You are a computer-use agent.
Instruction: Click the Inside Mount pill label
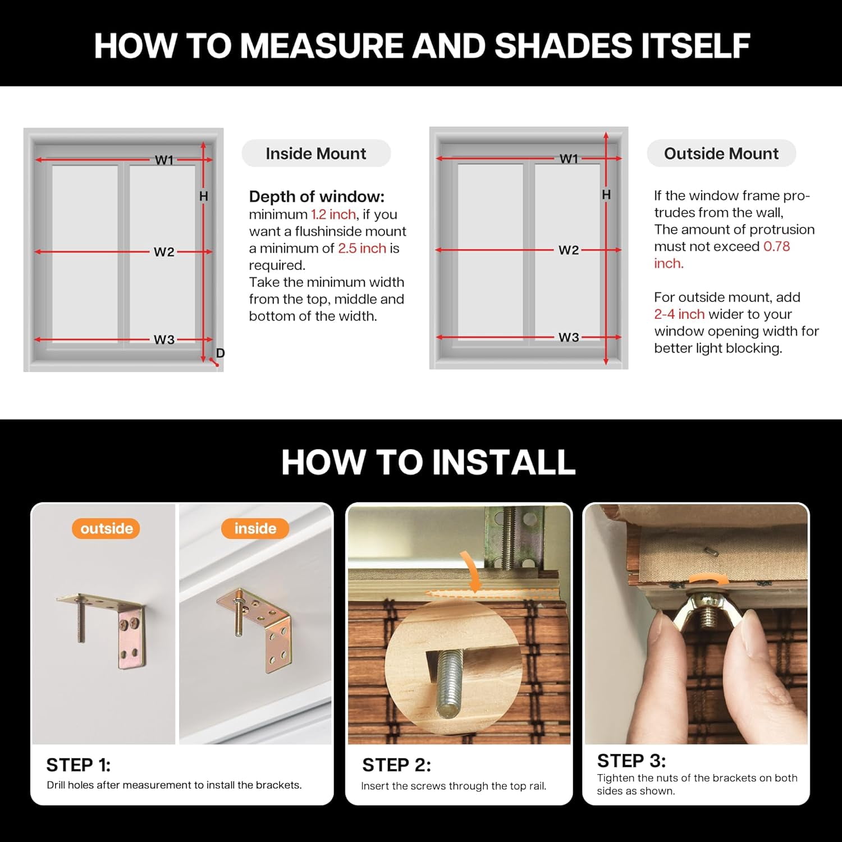click(316, 153)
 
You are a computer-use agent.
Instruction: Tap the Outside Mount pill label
click(721, 153)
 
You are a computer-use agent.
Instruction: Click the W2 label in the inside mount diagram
click(164, 252)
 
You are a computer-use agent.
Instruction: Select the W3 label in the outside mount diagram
click(569, 337)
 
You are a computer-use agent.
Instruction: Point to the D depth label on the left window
click(220, 353)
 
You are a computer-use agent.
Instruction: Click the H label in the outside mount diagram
click(606, 195)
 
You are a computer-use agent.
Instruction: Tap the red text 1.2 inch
click(333, 214)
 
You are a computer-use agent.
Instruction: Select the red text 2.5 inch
click(362, 248)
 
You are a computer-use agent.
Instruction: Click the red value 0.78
click(777, 246)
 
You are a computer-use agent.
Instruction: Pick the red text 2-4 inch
click(679, 314)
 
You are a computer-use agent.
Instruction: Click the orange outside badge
click(106, 528)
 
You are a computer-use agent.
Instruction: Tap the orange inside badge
click(255, 528)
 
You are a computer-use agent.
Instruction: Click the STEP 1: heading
click(79, 765)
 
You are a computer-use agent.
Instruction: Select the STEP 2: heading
click(396, 765)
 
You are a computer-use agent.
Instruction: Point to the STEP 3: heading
click(631, 761)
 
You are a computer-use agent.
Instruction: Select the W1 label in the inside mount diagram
click(164, 160)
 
